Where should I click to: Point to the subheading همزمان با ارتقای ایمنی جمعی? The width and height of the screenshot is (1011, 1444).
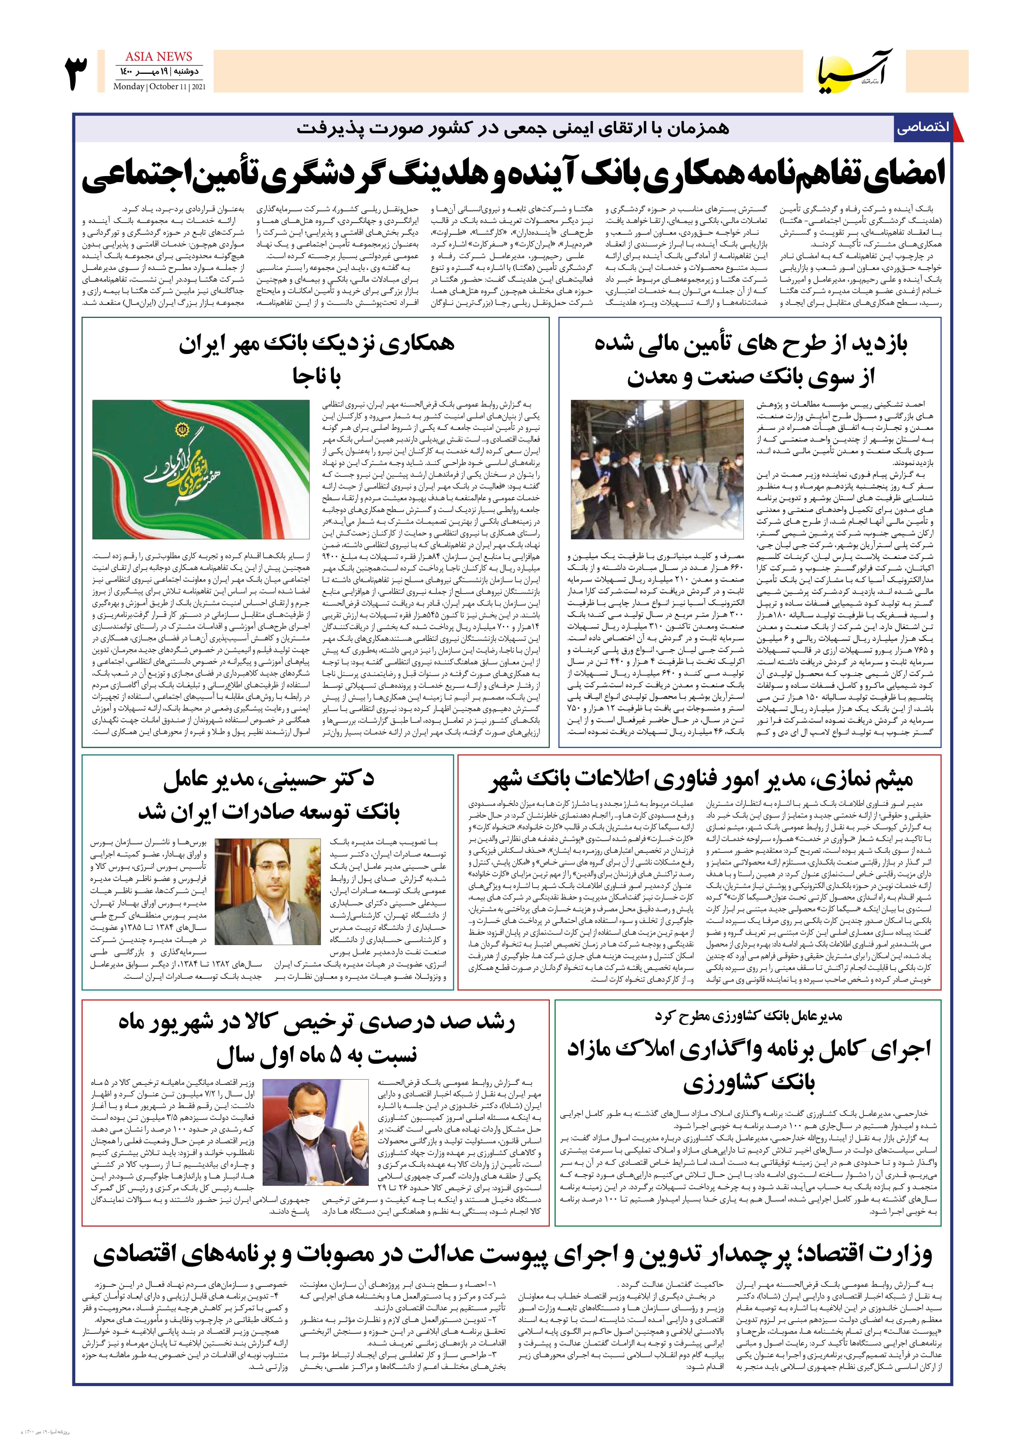513,128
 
